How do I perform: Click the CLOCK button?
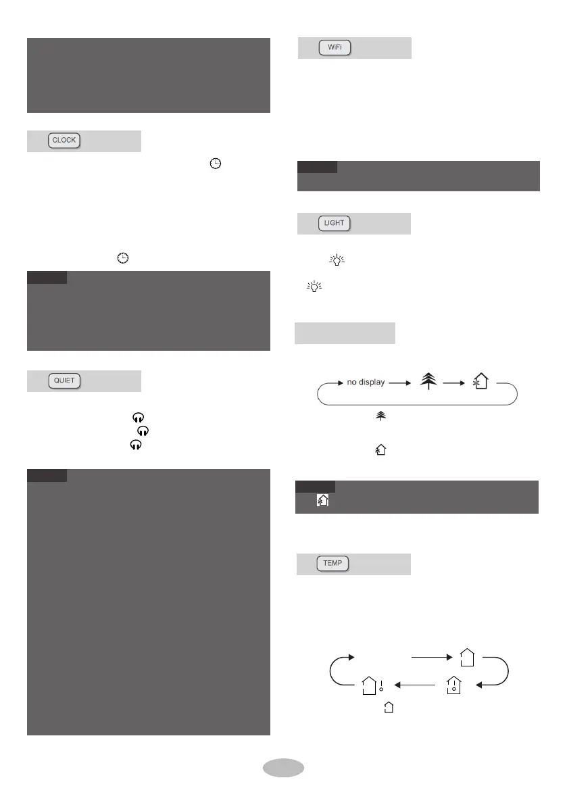[x=64, y=141]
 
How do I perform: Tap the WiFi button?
[x=335, y=48]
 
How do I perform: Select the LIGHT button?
[x=335, y=224]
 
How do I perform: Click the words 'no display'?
[x=366, y=383]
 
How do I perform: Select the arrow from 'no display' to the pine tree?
[x=399, y=383]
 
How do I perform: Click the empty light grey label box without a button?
[x=345, y=333]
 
